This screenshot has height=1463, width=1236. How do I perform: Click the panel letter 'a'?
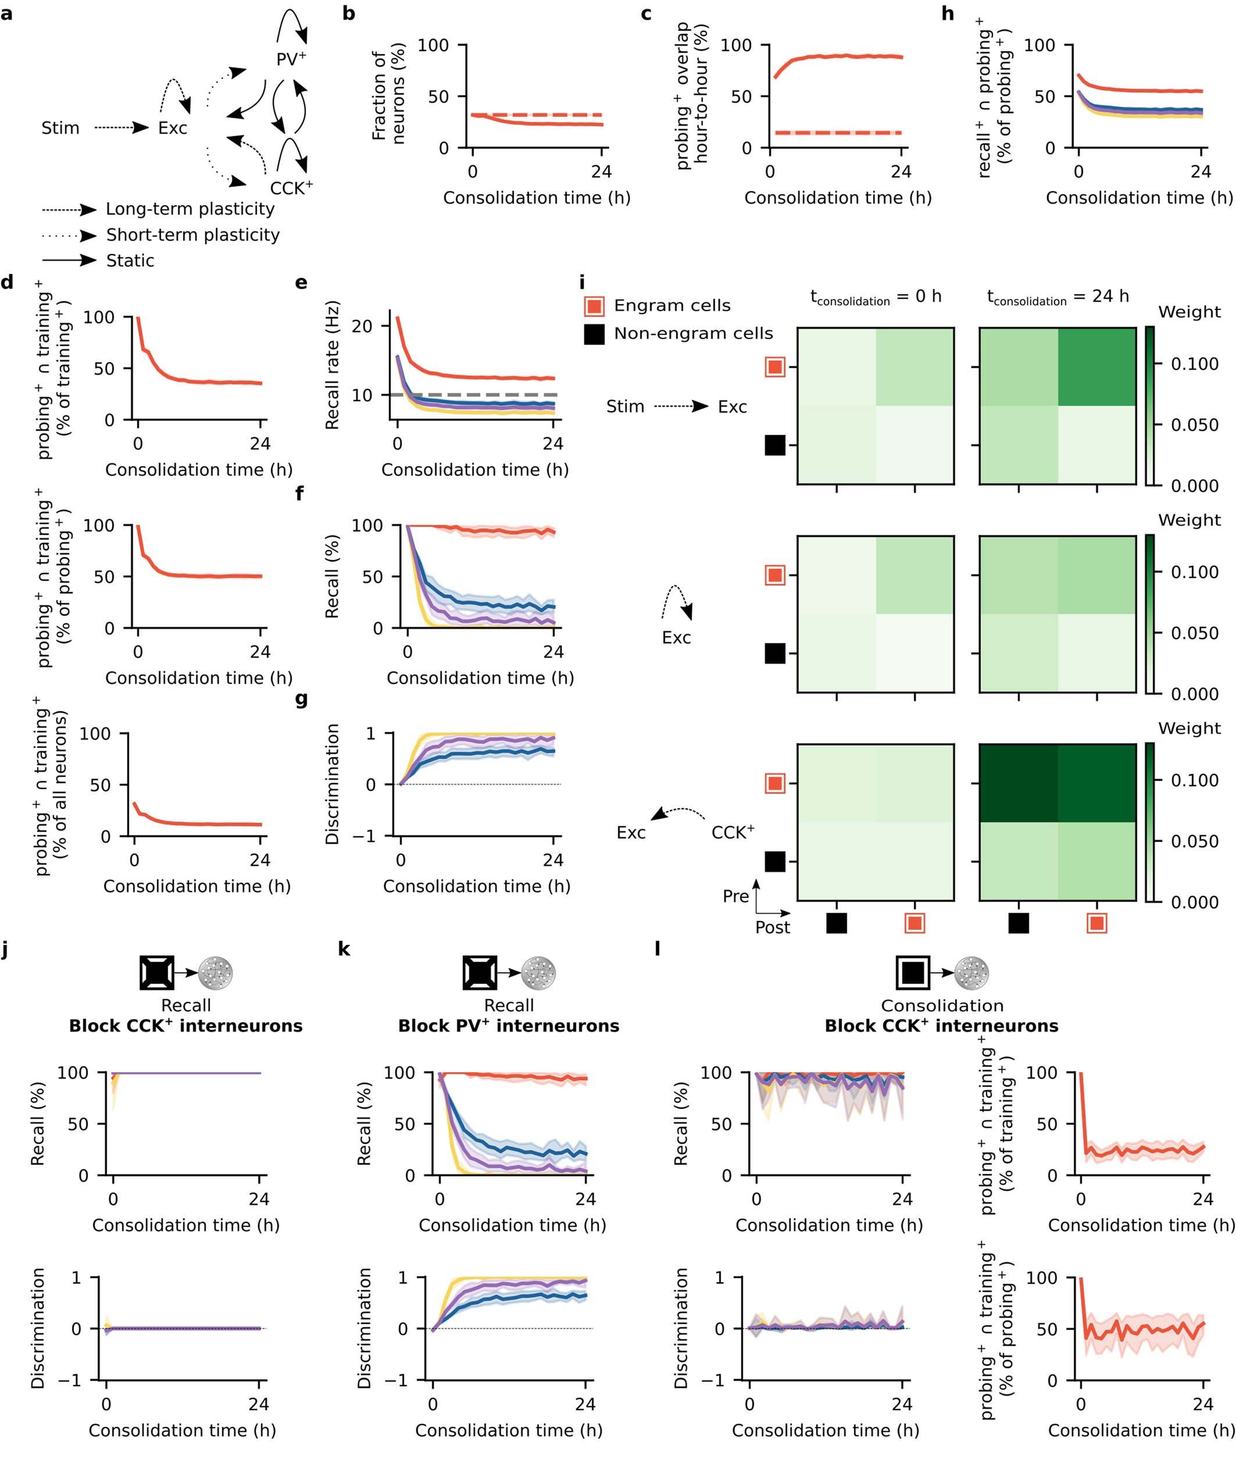coord(6,13)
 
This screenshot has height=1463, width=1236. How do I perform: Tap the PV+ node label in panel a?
coord(291,59)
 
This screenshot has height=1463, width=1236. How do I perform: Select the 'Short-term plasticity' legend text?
coord(192,235)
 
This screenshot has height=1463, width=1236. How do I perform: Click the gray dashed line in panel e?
coord(491,395)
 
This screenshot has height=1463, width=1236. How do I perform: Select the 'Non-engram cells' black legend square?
coord(594,334)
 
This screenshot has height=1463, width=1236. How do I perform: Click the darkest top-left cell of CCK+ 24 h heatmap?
coord(1018,783)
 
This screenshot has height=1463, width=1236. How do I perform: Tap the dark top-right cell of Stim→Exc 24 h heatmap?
coord(1096,367)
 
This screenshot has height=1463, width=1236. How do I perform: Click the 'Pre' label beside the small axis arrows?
coord(735,896)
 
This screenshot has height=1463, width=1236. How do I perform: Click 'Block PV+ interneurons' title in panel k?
coord(509,1026)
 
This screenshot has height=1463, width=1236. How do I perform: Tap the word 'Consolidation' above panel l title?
coord(942,1005)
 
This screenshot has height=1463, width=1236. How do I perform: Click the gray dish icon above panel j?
coord(215,973)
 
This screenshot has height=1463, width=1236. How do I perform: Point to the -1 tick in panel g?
coord(371,837)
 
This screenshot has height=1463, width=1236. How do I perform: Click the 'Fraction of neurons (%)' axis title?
coord(389,96)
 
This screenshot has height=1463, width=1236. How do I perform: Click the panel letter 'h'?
coord(947,13)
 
